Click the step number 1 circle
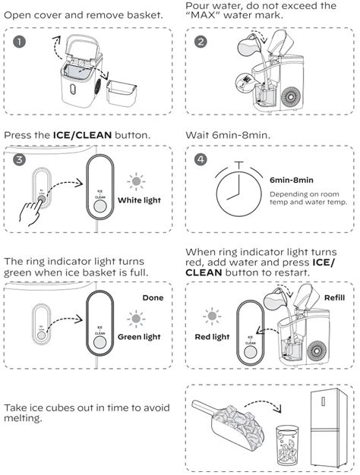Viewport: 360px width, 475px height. (19, 42)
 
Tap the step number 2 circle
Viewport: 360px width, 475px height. (201, 42)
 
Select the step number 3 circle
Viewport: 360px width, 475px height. (19, 160)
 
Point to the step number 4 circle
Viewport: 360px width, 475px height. (201, 160)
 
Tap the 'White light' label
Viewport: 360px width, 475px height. (141, 201)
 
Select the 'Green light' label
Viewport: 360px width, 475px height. (141, 336)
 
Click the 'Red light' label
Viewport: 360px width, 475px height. (212, 336)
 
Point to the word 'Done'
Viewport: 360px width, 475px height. (153, 298)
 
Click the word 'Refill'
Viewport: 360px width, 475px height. (335, 298)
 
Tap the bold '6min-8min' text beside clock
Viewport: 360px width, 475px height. (292, 181)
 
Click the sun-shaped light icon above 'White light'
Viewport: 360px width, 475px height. (136, 181)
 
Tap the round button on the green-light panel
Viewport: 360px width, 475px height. (100, 341)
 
